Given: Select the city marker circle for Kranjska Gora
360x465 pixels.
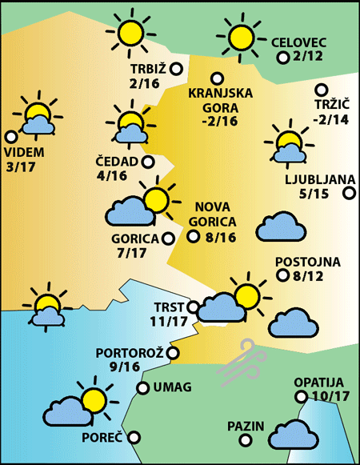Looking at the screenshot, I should point(216,78).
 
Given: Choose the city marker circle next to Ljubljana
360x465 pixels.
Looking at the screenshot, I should point(349,193).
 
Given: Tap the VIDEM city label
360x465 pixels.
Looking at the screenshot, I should point(25,152).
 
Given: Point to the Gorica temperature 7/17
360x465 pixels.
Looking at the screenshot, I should point(131,253).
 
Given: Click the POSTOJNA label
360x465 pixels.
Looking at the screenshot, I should point(308,262).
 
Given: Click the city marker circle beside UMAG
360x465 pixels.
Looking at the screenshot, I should point(142,388).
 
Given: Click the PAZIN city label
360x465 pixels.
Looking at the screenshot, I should point(245,425).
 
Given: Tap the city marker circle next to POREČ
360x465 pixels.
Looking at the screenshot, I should point(134,438).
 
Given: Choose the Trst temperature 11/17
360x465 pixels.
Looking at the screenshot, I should point(168,321).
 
